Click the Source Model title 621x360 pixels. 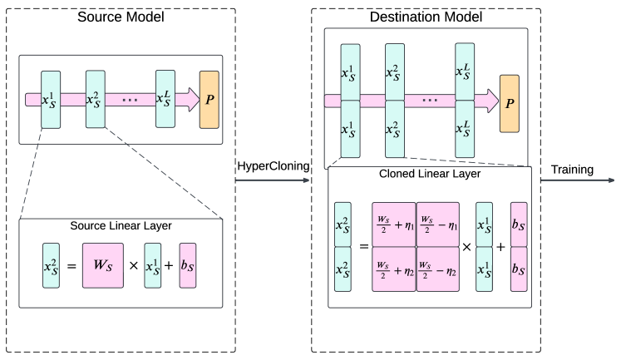121,16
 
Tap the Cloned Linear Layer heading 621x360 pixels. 430,176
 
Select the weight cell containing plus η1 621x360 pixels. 394,224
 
